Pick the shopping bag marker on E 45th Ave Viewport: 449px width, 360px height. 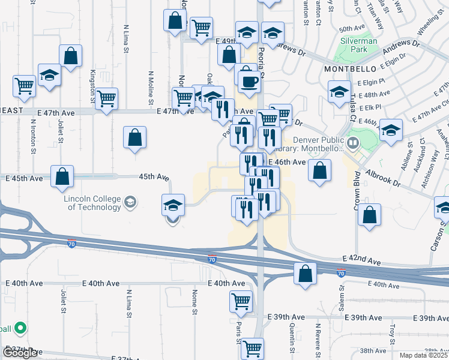(x=62, y=176)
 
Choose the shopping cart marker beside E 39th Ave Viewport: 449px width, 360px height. (x=241, y=301)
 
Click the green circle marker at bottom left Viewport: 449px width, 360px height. (x=20, y=328)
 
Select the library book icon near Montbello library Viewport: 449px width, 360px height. (x=354, y=143)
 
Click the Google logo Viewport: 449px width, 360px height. (x=20, y=353)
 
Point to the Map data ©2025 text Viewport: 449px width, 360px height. (x=423, y=355)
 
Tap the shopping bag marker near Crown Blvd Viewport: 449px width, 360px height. (x=369, y=215)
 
